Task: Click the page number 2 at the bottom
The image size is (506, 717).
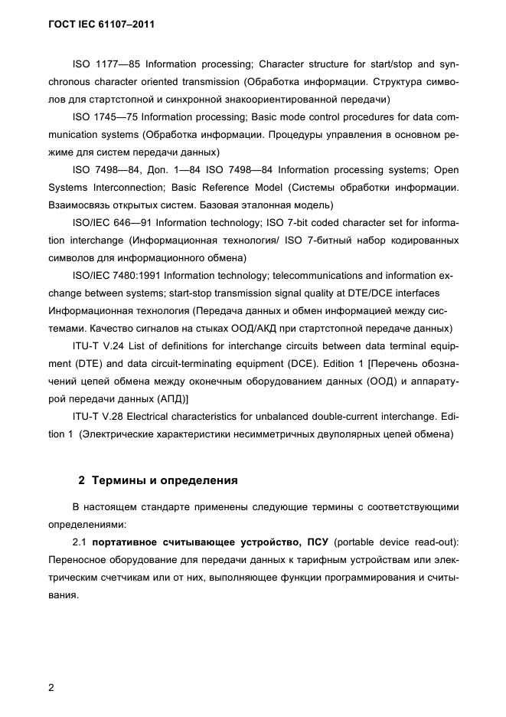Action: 51,687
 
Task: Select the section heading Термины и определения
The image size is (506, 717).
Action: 165,481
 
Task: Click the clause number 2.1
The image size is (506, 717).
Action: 80,542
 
